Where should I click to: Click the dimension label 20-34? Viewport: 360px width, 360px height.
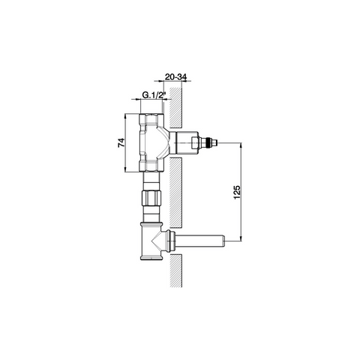coord(176,77)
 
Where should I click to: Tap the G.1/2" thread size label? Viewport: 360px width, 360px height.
coord(154,95)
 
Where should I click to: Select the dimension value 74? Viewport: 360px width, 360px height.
coord(121,142)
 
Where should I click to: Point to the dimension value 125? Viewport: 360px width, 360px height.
coord(238,192)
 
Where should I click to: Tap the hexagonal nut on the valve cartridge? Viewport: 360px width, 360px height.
coord(195,143)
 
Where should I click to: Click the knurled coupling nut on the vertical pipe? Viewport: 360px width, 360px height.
coord(151,198)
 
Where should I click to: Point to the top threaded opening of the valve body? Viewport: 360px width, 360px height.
coord(151,115)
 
